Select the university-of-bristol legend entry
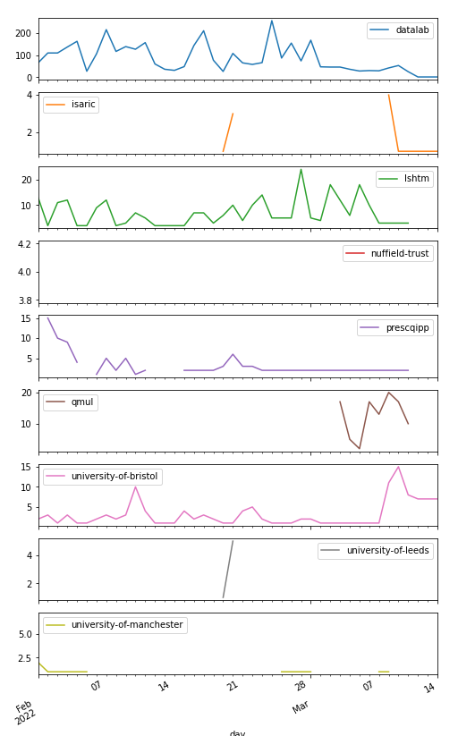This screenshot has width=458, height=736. pos(114,477)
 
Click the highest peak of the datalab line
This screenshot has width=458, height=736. pos(272,21)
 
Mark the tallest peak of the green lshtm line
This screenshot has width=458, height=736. pos(301,169)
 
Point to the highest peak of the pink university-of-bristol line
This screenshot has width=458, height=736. pos(398,466)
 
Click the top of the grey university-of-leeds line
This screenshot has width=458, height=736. pos(233,540)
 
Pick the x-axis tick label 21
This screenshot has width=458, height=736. pos(232,686)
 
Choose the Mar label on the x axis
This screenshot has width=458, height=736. pos(301,708)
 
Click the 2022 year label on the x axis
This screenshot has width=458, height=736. pos(24,714)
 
